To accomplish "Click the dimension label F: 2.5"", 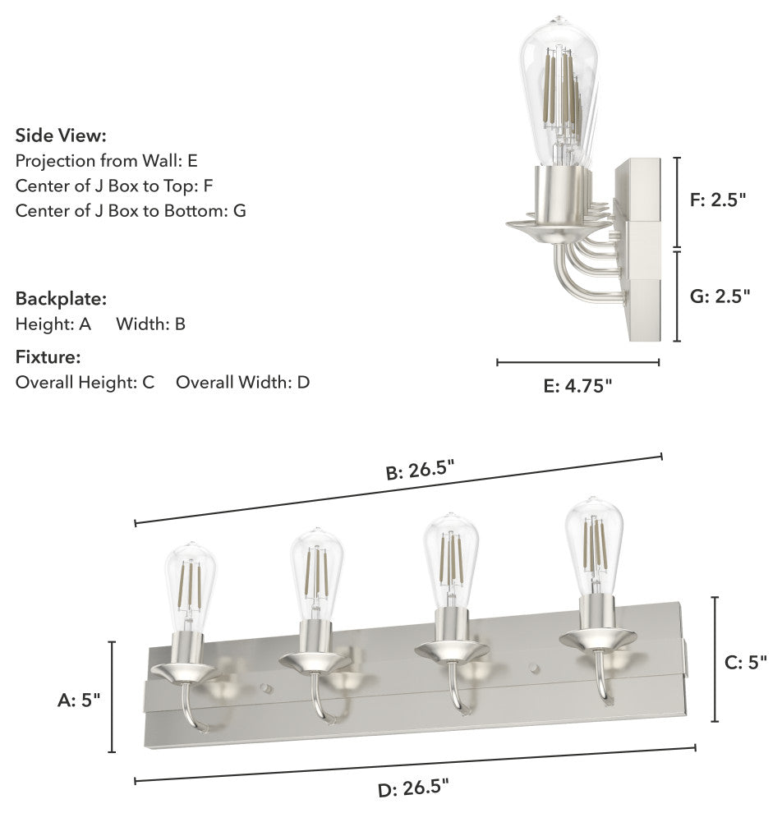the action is pos(718,200).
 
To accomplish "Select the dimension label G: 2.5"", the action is pos(720,296).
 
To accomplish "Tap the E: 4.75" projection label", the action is pos(577,386).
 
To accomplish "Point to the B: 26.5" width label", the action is pos(420,471).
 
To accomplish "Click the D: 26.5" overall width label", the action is pos(413,788).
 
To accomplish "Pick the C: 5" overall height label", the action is pos(745,662).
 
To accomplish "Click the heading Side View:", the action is pos(61,135).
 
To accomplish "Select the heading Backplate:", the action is pos(61,299).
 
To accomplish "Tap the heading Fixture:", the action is pos(48,356).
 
